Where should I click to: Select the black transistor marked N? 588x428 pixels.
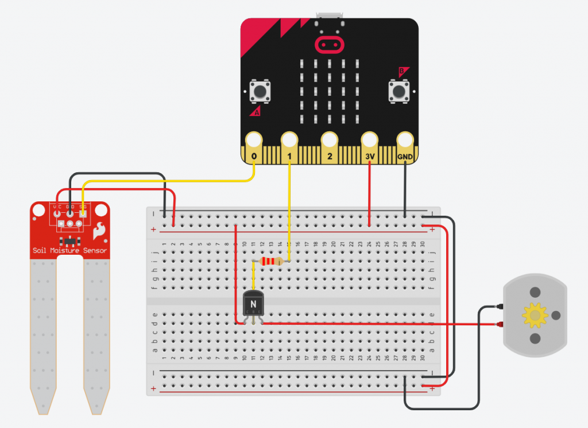(x=253, y=302)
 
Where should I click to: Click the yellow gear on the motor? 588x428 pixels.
(x=536, y=314)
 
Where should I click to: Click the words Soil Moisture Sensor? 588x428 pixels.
(x=69, y=250)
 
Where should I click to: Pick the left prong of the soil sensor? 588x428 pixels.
(x=44, y=333)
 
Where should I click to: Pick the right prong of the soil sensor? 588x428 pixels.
(x=96, y=333)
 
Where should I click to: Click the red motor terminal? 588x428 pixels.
(x=498, y=325)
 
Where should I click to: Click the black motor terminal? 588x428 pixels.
(x=498, y=308)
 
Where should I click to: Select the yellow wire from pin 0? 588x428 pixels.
(x=172, y=181)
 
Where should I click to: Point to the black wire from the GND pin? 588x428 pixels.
(x=405, y=189)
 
